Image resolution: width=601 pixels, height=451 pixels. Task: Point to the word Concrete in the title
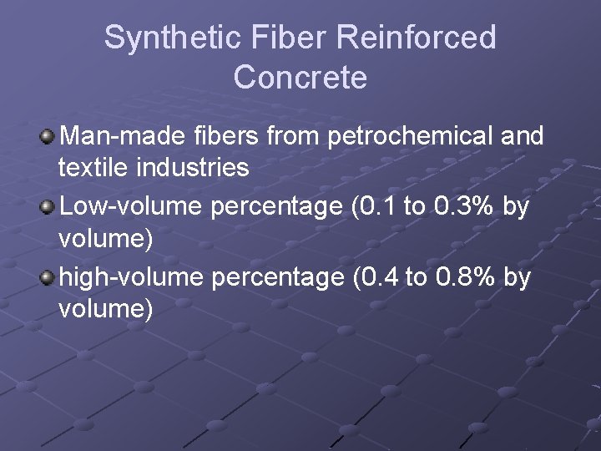[x=300, y=77]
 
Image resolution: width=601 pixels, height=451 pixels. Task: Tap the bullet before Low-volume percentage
[x=48, y=205]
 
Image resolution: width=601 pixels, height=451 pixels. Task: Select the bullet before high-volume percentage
[x=48, y=276]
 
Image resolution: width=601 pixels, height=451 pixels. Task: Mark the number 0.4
[x=376, y=276]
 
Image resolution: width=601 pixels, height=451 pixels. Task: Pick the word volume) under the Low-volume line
[x=106, y=239]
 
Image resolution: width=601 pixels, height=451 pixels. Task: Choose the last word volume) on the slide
[x=106, y=310]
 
